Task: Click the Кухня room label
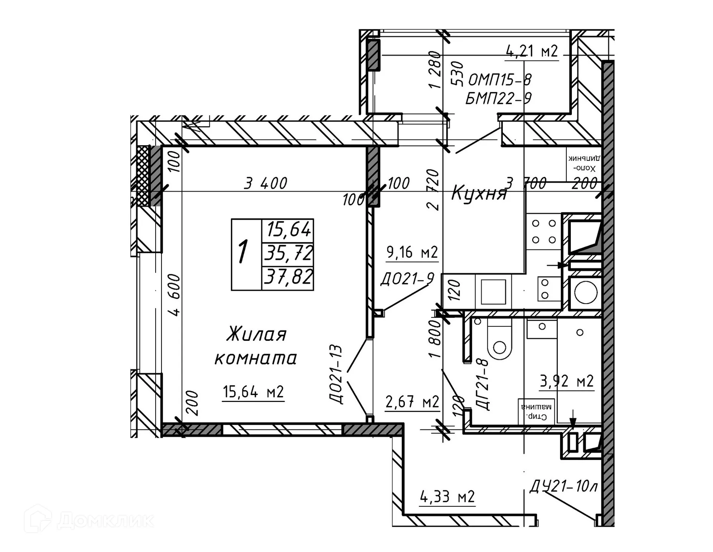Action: (479, 194)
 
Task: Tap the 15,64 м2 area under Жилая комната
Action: (253, 392)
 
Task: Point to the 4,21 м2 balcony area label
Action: (532, 51)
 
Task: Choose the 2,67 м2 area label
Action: (412, 402)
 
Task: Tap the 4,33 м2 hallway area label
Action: (447, 496)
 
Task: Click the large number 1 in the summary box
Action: (243, 252)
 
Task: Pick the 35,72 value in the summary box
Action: (288, 254)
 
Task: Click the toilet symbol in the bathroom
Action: (499, 342)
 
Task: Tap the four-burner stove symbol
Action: (544, 231)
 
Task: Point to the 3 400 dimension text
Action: (266, 183)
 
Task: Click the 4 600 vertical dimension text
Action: (175, 295)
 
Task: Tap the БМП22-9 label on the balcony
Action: (498, 98)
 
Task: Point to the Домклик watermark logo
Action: (89, 520)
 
